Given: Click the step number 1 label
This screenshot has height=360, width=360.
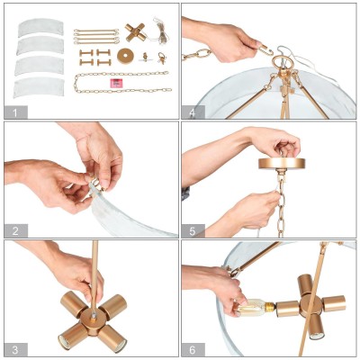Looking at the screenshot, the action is (15, 112).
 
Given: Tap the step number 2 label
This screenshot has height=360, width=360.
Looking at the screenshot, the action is (15, 231).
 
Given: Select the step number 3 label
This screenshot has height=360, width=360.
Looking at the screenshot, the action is (15, 349).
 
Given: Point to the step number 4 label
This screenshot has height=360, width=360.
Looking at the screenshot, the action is (193, 112).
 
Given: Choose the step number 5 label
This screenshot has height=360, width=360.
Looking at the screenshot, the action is (193, 231).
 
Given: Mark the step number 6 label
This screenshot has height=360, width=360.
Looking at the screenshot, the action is (193, 349).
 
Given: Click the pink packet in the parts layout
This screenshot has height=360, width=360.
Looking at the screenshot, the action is (116, 83).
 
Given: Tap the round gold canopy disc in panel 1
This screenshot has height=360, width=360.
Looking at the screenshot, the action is (125, 56).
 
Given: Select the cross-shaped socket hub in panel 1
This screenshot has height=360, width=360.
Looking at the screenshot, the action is (136, 32).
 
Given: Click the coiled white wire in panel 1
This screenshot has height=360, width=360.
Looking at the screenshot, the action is (160, 31).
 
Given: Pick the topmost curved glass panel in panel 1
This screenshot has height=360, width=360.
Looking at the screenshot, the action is (40, 28).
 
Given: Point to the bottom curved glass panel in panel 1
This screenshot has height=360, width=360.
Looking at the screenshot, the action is (39, 87).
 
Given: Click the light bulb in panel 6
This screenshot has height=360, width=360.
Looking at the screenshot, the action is (255, 308).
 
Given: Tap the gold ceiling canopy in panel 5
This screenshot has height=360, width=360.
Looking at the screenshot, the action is (282, 164).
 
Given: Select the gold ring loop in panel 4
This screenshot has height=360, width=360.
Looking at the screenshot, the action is (283, 63).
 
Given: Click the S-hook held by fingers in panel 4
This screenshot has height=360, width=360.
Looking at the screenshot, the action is (265, 50).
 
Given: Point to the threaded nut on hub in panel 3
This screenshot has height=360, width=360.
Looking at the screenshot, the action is (94, 315).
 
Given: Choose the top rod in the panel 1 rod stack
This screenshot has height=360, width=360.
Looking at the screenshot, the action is (96, 31).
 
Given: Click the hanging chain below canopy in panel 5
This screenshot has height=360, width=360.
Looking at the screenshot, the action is (281, 205).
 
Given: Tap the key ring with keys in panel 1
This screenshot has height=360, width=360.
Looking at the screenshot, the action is (162, 58).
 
